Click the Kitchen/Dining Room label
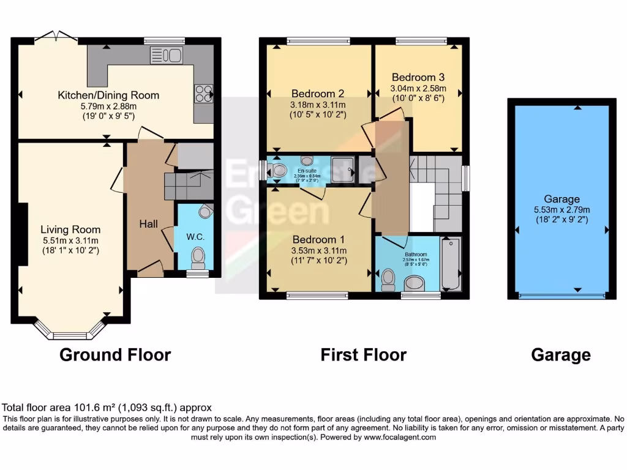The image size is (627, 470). (108, 95)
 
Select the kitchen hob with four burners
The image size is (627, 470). (203, 93)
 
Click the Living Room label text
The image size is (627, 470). (70, 229)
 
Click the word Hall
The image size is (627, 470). (149, 225)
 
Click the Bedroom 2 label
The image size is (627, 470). (317, 94)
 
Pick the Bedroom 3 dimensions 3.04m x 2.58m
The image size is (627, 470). (418, 88)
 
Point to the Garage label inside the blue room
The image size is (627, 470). (561, 199)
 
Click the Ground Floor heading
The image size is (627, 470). (115, 354)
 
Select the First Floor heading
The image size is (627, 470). (364, 354)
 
